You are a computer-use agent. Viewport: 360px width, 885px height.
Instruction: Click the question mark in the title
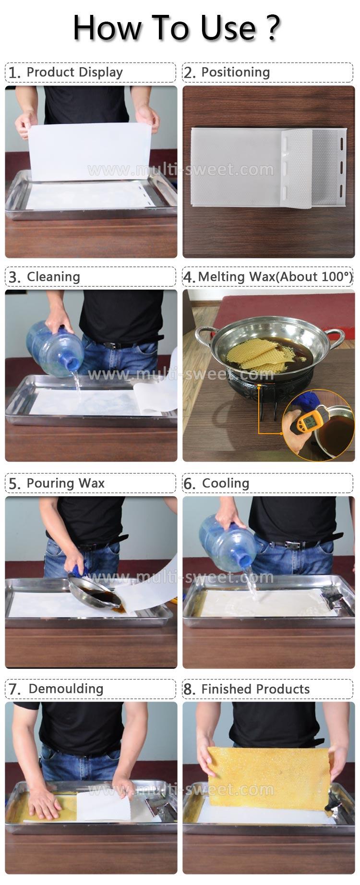[272, 28]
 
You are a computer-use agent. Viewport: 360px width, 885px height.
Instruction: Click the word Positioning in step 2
[235, 73]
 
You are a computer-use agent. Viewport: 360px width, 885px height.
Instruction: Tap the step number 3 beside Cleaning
[14, 278]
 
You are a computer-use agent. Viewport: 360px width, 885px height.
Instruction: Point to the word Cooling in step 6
[226, 484]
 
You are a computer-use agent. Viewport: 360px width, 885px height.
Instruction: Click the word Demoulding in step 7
[66, 689]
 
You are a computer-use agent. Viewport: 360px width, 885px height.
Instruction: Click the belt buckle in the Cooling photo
[291, 545]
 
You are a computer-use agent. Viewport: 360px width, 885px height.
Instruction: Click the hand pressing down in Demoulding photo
[45, 802]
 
